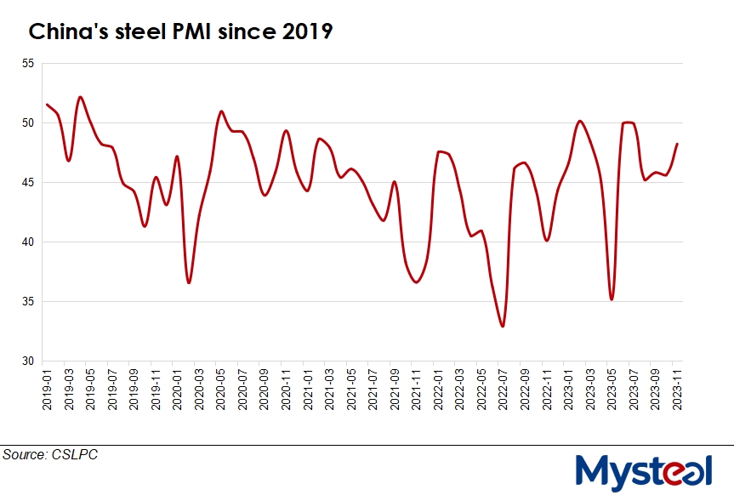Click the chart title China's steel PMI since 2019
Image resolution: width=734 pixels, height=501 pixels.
(180, 32)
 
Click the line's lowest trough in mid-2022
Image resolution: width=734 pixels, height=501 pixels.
(503, 326)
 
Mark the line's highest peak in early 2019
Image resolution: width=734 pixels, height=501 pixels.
(80, 97)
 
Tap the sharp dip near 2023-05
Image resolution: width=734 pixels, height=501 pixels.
(612, 299)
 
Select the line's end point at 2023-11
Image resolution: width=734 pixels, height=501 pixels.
(677, 144)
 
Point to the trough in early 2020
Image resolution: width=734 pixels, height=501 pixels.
(189, 282)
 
